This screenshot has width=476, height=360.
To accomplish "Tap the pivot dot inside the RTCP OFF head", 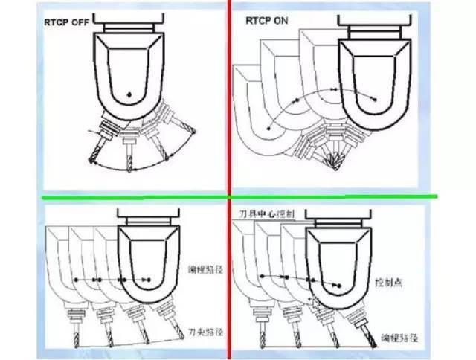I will point(129,94).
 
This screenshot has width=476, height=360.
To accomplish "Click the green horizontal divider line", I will point(238,198).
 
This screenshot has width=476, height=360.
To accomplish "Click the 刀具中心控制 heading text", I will point(268,213).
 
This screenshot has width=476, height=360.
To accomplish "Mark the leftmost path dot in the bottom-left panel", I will point(76,279).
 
